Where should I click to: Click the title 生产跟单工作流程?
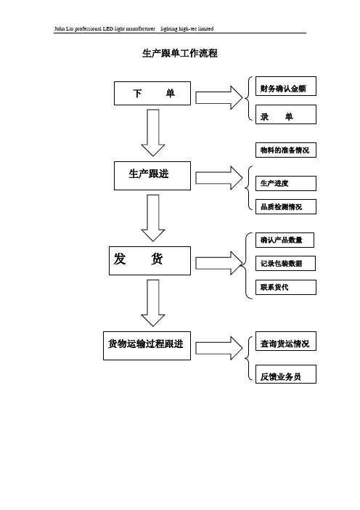click(x=180, y=53)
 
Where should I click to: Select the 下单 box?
click(x=152, y=93)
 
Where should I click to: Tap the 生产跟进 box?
click(x=152, y=176)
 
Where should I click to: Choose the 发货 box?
click(x=150, y=261)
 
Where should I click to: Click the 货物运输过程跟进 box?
click(x=147, y=345)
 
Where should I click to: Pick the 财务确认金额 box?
click(x=285, y=86)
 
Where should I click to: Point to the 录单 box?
click(x=285, y=114)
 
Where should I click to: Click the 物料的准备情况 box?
click(x=285, y=150)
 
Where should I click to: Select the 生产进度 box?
click(x=285, y=184)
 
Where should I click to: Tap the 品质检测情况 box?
click(x=285, y=206)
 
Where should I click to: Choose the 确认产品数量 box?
click(x=285, y=240)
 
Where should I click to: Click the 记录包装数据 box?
click(x=285, y=264)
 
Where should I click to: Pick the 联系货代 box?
click(x=285, y=287)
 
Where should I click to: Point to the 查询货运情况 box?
click(x=285, y=341)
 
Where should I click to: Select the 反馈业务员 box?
click(x=285, y=374)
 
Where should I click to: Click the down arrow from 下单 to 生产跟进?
click(x=153, y=133)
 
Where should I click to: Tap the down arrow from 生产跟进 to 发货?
click(x=153, y=218)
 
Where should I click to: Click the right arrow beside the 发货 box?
click(x=219, y=263)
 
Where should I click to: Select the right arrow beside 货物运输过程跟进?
click(x=219, y=348)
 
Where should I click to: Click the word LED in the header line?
click(x=108, y=28)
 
